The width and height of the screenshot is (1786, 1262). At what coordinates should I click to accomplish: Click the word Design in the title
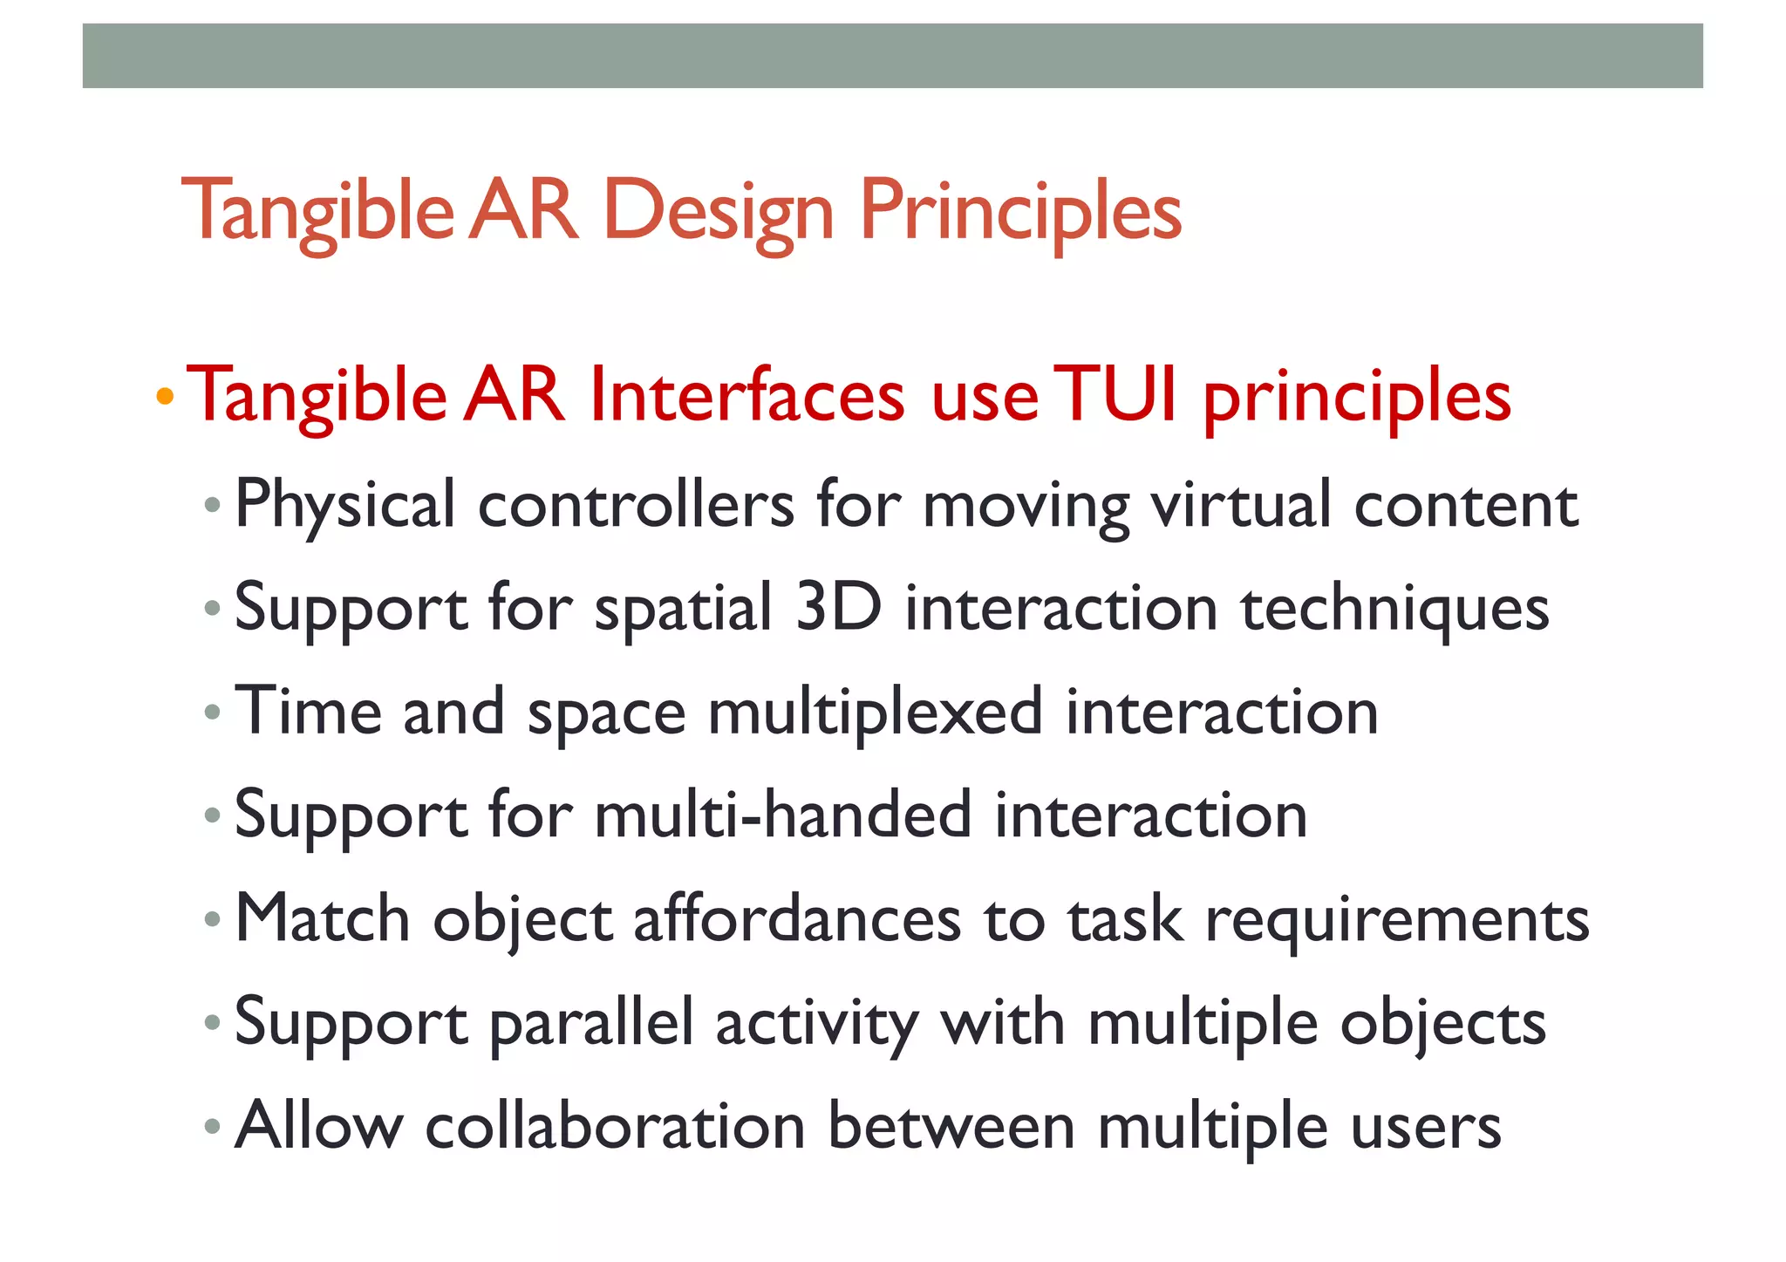click(719, 211)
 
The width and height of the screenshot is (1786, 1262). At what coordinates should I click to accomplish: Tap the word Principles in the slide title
click(1020, 211)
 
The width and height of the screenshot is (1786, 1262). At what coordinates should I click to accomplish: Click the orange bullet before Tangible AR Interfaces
click(165, 397)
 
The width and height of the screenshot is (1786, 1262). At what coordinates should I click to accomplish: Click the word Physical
click(345, 505)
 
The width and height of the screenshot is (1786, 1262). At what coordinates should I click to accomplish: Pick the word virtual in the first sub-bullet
click(1241, 505)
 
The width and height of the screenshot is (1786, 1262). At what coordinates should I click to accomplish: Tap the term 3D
click(838, 607)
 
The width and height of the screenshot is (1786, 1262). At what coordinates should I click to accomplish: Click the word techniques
click(1394, 609)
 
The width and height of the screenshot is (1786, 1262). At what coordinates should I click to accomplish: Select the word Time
click(309, 711)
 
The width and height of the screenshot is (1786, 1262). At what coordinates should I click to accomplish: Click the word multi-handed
click(782, 815)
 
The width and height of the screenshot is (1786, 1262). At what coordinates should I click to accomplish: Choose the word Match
click(323, 918)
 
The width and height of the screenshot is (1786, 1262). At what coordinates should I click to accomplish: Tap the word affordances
click(796, 918)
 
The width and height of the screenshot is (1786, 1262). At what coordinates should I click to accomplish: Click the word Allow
click(318, 1125)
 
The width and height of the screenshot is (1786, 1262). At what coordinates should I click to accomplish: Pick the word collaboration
click(615, 1125)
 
